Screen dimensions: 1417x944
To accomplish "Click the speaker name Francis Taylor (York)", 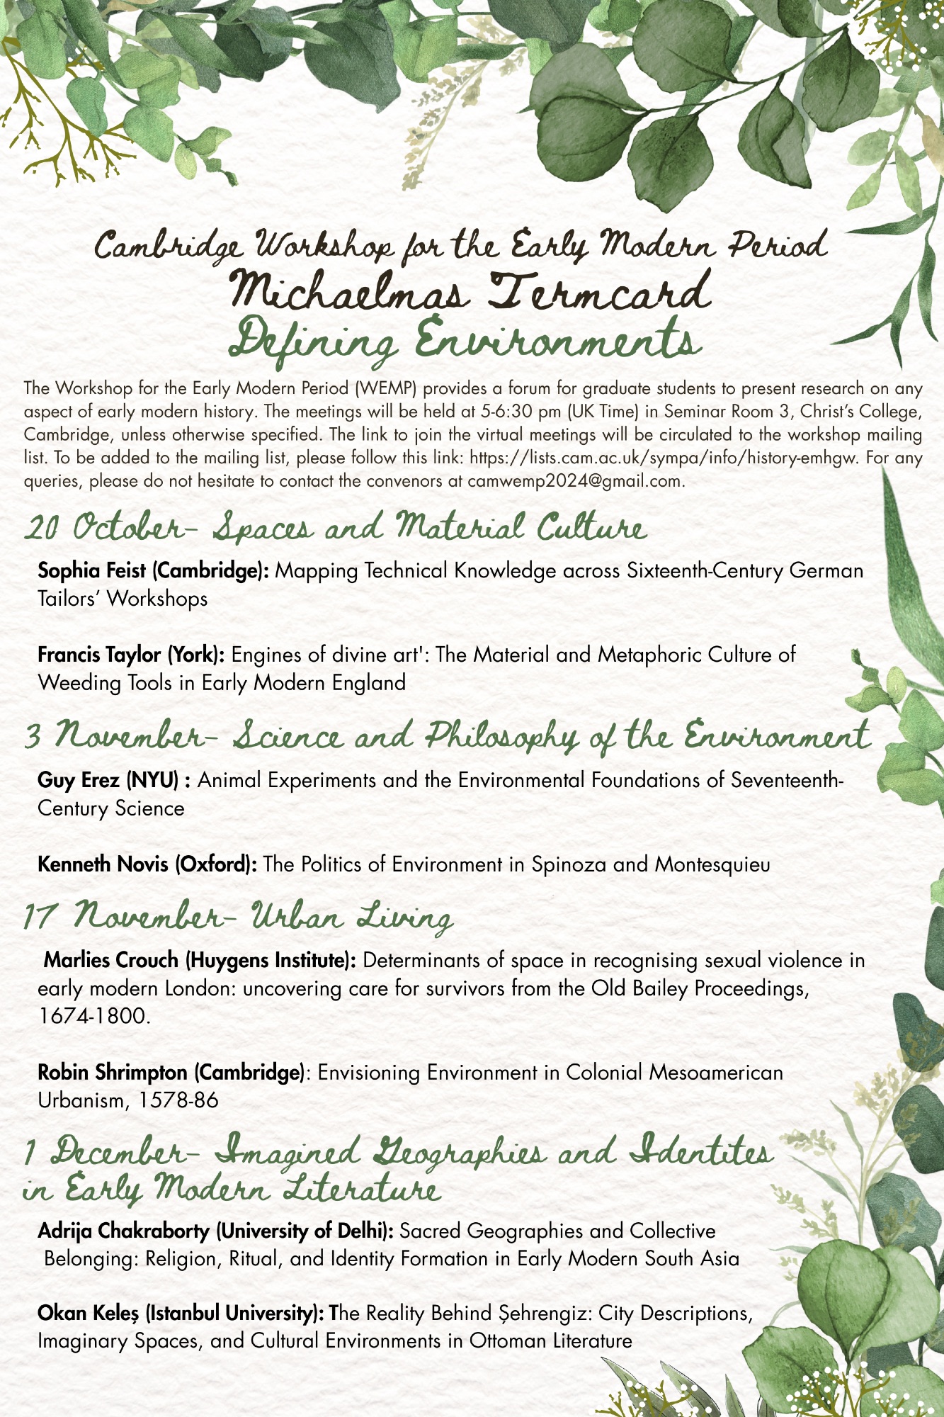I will coord(132,654).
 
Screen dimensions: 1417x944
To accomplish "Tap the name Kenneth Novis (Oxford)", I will coord(147,864).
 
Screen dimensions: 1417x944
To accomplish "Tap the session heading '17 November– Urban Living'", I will coord(237,918).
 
